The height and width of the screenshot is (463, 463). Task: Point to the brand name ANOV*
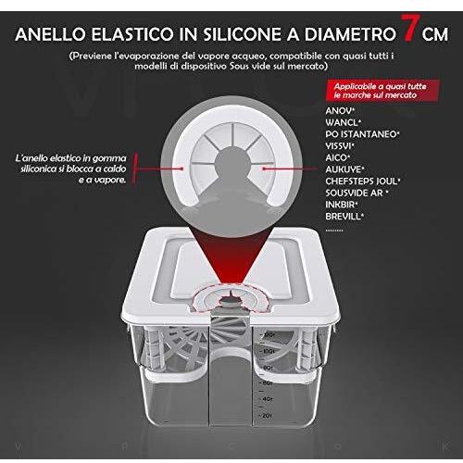point(342,110)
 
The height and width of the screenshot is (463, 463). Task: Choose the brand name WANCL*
point(345,122)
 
